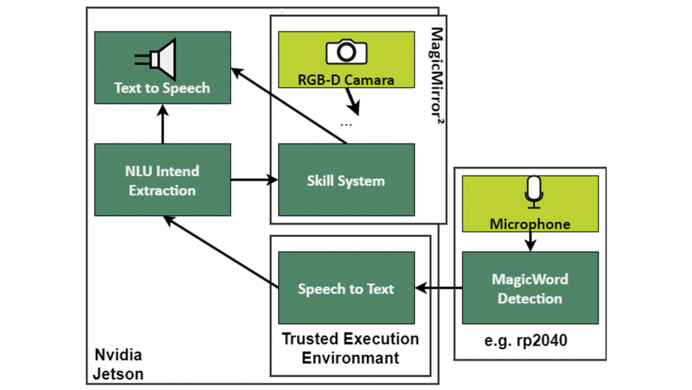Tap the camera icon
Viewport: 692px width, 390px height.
[x=346, y=52]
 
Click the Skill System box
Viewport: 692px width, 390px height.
[x=346, y=180]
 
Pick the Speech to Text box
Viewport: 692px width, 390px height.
[x=346, y=288]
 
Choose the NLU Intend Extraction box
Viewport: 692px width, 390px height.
[x=162, y=180]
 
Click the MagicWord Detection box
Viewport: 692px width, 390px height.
[x=530, y=288]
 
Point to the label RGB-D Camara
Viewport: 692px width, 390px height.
[x=346, y=80]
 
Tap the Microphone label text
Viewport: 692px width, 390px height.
[x=530, y=225]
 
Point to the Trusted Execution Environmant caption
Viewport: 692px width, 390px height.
[x=351, y=348]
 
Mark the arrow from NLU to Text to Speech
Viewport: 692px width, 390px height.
[x=162, y=124]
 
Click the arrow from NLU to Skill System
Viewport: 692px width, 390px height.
[x=254, y=180]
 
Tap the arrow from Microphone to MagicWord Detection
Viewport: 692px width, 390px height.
[x=531, y=241]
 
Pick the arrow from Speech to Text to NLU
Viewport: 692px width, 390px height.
[x=220, y=252]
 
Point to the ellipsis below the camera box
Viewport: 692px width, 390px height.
[x=346, y=124]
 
